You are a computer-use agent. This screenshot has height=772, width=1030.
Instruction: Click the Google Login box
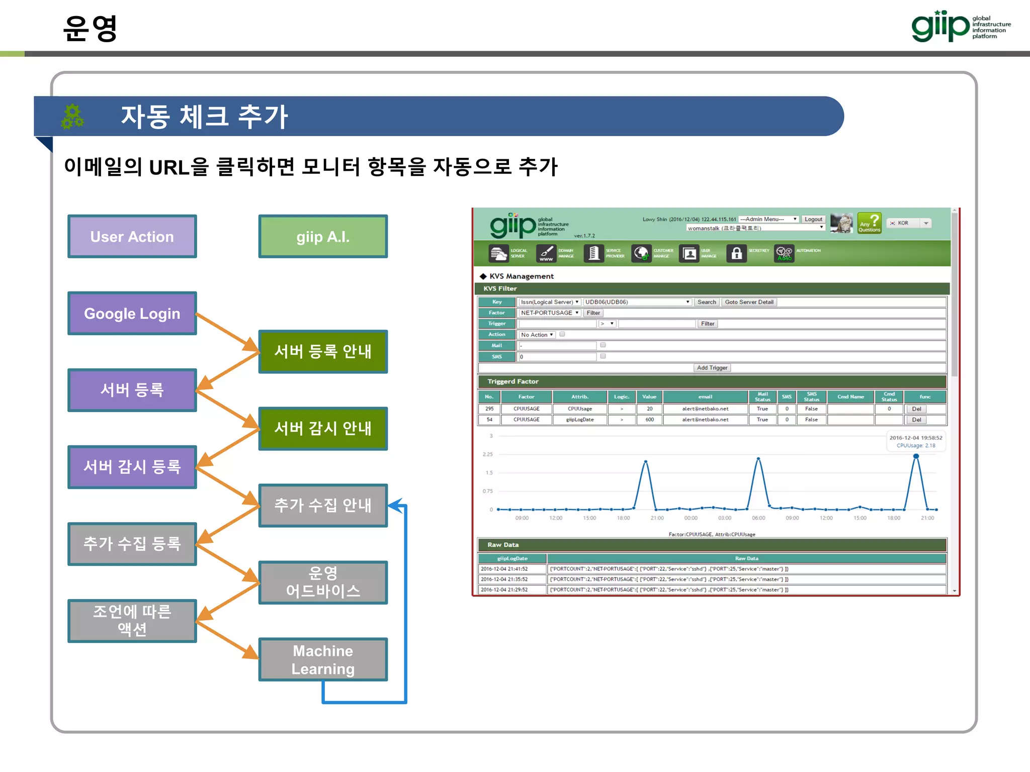tap(132, 313)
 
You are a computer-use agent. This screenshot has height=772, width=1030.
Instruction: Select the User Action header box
tap(132, 236)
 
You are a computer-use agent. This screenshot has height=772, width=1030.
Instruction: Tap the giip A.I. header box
tap(323, 236)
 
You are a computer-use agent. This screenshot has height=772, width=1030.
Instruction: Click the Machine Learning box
tap(323, 659)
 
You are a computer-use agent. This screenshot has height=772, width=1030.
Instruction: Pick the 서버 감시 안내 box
tap(323, 428)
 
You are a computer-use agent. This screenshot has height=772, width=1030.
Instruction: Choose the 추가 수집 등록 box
tap(132, 543)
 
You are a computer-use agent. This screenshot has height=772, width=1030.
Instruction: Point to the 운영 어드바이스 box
tap(323, 582)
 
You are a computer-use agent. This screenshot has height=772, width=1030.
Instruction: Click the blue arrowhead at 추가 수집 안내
tap(396, 505)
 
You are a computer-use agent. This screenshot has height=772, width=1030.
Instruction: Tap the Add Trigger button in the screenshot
tap(712, 368)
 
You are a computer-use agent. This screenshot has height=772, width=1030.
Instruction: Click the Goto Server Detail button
tap(749, 302)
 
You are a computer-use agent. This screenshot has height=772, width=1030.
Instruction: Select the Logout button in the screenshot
tap(813, 219)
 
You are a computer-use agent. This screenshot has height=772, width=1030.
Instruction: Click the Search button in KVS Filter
tap(706, 302)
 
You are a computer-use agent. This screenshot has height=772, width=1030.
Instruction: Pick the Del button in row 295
tap(916, 409)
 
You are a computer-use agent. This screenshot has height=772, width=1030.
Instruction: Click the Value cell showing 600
tap(649, 420)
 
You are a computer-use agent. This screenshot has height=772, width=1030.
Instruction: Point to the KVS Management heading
tap(521, 276)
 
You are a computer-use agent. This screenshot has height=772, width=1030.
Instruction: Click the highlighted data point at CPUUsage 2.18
tap(916, 456)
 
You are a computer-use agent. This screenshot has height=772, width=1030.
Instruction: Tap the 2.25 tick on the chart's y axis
tap(487, 454)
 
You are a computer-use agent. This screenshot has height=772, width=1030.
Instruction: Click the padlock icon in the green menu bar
tap(736, 253)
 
